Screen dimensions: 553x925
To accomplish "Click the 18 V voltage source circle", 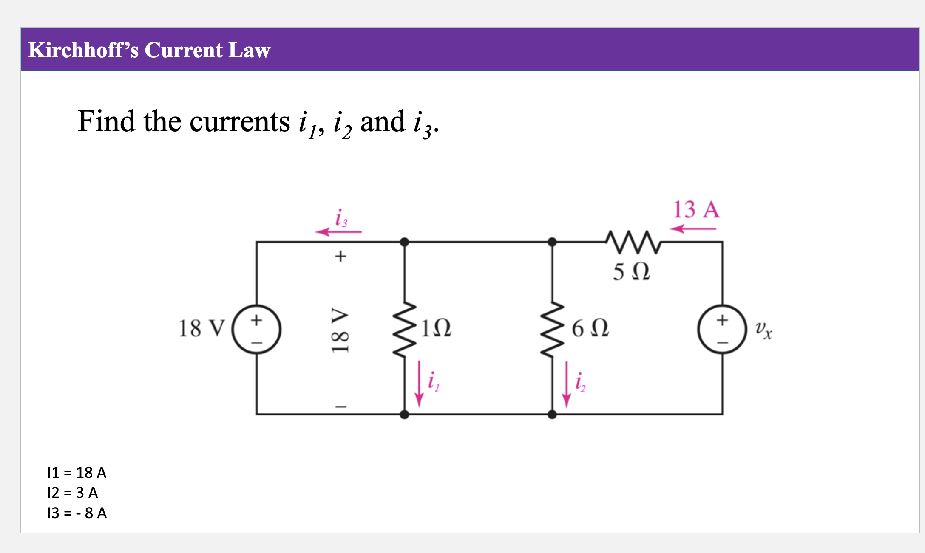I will [x=256, y=329].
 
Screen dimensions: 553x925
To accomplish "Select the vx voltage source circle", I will [x=722, y=329].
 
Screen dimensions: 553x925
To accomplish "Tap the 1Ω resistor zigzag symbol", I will [x=404, y=329].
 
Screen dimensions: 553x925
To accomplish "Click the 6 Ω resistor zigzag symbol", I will [x=552, y=329].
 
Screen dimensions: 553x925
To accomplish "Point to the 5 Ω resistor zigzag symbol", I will [x=633, y=242].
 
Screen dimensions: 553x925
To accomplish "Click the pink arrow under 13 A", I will [x=693, y=229].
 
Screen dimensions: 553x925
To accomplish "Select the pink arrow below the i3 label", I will [x=338, y=232].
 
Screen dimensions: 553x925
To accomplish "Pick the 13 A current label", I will [x=696, y=209].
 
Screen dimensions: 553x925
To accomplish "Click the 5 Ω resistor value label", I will [x=631, y=271].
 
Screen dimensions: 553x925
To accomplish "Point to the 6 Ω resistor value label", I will [x=590, y=328].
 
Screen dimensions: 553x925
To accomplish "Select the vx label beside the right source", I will [x=763, y=330].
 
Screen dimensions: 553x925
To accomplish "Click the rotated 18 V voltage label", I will [x=340, y=330].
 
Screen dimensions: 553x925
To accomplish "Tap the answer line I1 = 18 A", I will [x=77, y=472].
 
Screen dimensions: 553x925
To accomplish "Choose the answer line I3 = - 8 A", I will [x=77, y=513].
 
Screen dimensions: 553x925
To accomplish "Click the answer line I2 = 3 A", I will [x=73, y=493].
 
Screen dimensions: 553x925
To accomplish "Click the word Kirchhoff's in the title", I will [x=83, y=50].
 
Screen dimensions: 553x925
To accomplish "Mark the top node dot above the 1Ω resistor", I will [x=404, y=242].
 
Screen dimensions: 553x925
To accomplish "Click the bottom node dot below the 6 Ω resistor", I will [x=552, y=414].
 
